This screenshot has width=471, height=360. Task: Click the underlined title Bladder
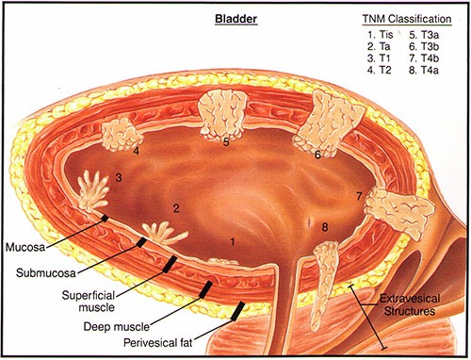click(235, 19)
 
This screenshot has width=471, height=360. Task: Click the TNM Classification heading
click(407, 19)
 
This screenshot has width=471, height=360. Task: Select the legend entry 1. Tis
click(380, 34)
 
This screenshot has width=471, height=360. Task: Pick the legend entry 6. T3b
click(424, 46)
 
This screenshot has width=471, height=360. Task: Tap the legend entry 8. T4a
click(424, 70)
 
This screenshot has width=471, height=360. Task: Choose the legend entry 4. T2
click(380, 70)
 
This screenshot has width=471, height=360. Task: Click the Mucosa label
click(25, 247)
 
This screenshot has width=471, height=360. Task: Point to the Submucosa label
click(46, 272)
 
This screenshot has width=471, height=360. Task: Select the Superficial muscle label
click(89, 301)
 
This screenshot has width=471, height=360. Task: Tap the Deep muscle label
click(117, 327)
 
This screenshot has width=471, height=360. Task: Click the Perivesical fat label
click(158, 342)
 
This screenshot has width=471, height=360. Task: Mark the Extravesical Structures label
click(410, 304)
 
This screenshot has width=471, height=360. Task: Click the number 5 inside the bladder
click(226, 142)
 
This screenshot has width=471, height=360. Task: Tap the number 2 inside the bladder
click(176, 208)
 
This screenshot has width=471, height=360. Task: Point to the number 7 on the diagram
click(359, 196)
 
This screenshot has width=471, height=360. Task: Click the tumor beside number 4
click(121, 134)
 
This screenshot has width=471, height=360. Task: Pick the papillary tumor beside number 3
click(93, 191)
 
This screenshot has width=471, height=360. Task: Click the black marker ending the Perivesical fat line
click(237, 311)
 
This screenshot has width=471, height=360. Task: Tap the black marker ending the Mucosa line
click(105, 218)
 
